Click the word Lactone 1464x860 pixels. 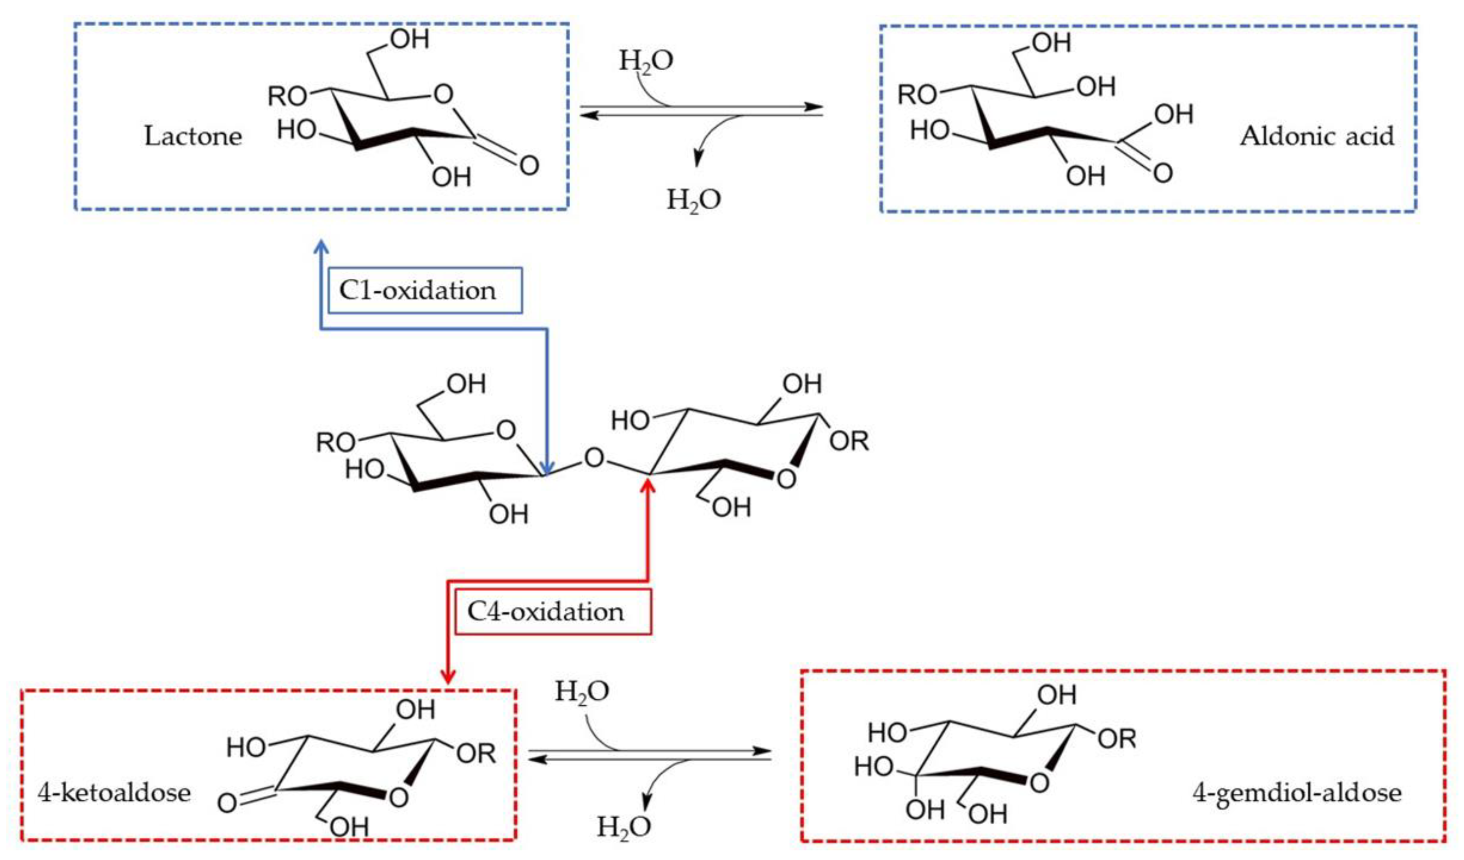(193, 137)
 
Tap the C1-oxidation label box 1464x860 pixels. (424, 290)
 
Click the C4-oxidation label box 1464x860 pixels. (552, 612)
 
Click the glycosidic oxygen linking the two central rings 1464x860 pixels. (594, 458)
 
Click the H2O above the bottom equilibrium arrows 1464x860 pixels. (582, 691)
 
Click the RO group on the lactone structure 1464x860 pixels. (287, 96)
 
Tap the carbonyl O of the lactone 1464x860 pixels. (528, 166)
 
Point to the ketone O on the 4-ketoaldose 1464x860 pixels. (227, 804)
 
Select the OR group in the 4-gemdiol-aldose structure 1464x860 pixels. (1117, 739)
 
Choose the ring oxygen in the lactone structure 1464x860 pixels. (444, 94)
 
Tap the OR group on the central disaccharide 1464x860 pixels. (849, 442)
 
